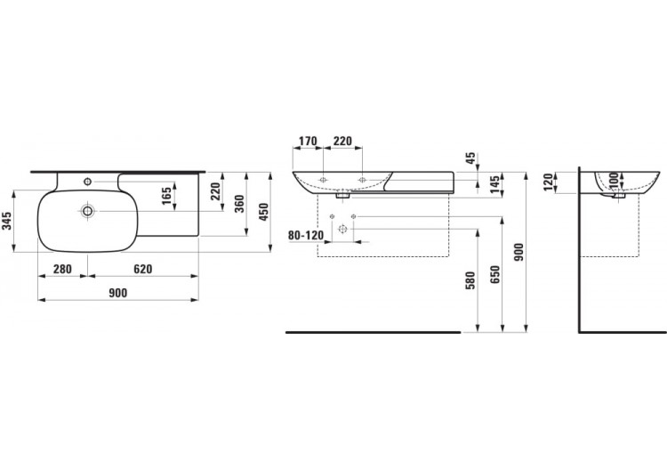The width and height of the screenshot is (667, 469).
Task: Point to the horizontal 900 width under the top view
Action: pyautogui.click(x=117, y=293)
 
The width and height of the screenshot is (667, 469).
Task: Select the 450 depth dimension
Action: pyautogui.click(x=262, y=212)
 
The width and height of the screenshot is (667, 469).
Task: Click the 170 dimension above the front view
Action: pyautogui.click(x=308, y=141)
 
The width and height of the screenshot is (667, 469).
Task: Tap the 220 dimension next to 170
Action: pyautogui.click(x=343, y=141)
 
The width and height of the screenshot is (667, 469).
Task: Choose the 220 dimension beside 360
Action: pyautogui.click(x=214, y=190)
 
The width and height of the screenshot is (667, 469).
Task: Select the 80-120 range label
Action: pyautogui.click(x=306, y=236)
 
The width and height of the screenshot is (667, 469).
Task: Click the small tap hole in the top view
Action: pyautogui.click(x=87, y=182)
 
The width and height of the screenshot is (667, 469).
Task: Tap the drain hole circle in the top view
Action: pyautogui.click(x=88, y=212)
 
